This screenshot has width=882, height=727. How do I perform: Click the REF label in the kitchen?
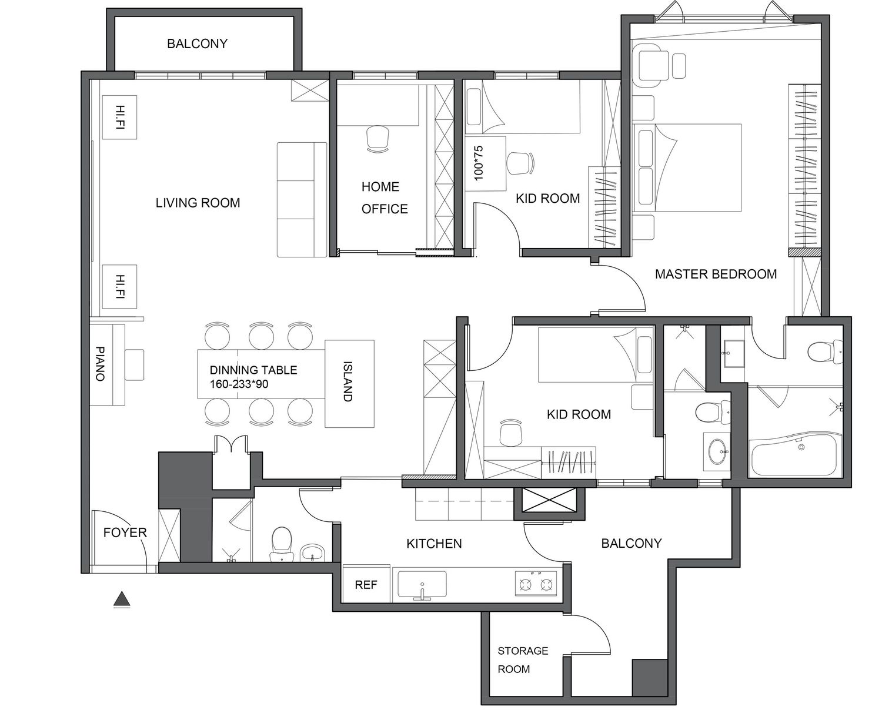click(x=366, y=585)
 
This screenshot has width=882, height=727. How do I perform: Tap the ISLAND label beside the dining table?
click(x=348, y=381)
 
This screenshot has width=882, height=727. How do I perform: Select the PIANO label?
click(x=100, y=363)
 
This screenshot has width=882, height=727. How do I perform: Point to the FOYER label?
click(x=125, y=532)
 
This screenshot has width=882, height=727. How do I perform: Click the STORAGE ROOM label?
click(x=523, y=660)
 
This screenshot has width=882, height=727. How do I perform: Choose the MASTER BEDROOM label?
click(x=716, y=274)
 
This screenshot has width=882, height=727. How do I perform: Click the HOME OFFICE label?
click(x=385, y=197)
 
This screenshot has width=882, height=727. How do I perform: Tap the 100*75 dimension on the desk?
click(x=478, y=163)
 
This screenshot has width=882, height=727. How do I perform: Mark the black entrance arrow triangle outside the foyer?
click(x=122, y=598)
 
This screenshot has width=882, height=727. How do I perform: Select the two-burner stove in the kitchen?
click(x=536, y=584)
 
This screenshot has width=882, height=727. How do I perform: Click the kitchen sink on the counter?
click(x=422, y=585)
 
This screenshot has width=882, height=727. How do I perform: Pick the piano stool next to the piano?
click(x=134, y=365)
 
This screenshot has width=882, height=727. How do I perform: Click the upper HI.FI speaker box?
click(x=119, y=117)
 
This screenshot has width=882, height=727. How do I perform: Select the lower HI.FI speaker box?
click(x=119, y=287)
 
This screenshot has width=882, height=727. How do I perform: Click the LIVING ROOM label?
click(x=198, y=203)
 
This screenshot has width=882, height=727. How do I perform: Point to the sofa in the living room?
click(x=302, y=200)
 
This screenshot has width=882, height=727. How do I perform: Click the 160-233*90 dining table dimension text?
click(x=239, y=384)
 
